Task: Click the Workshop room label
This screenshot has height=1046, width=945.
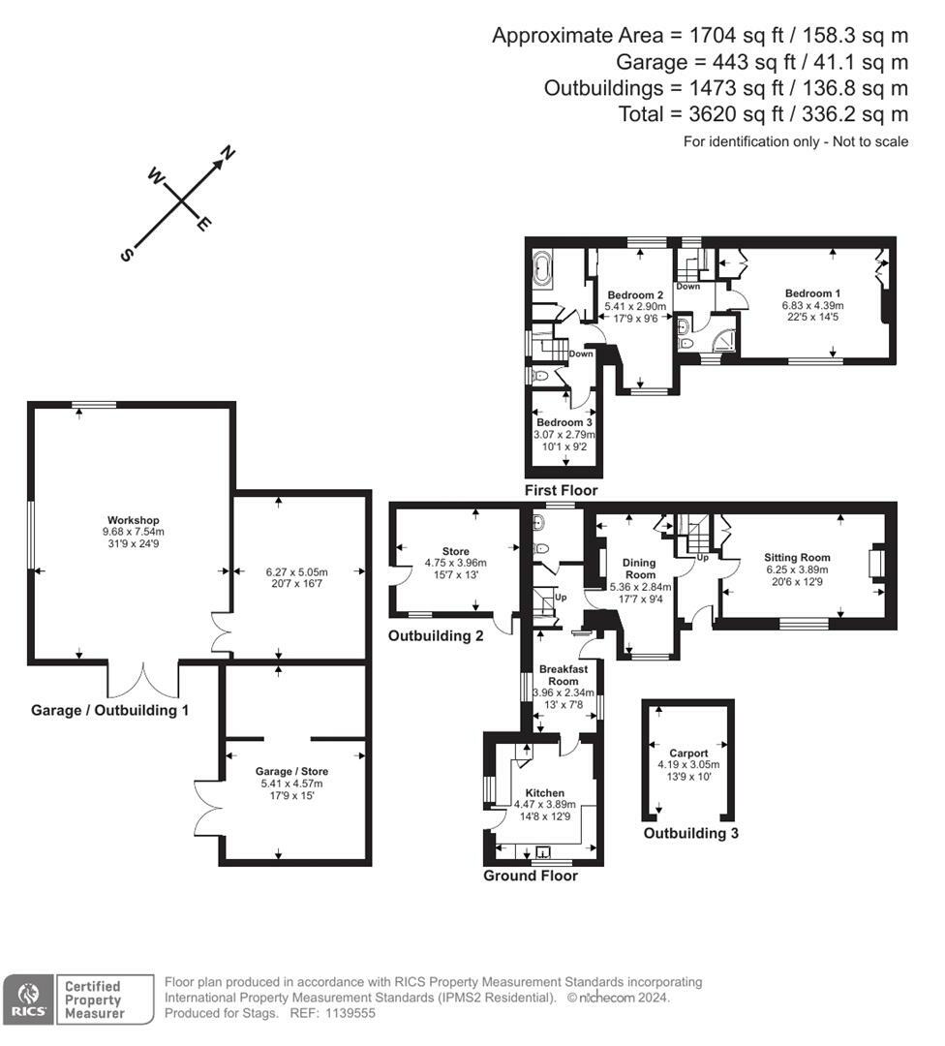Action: tap(134, 520)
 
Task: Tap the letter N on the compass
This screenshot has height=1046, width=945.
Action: tap(229, 153)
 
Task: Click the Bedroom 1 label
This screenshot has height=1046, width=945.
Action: tap(812, 293)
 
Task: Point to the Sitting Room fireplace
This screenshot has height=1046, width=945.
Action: tap(877, 561)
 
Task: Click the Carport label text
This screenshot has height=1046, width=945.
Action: tap(688, 754)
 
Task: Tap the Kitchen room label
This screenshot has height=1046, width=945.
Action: tap(545, 793)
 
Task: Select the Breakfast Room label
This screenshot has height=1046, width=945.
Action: tap(564, 675)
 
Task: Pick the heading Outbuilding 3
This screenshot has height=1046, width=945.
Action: tap(691, 833)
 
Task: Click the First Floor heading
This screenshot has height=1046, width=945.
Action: tap(561, 490)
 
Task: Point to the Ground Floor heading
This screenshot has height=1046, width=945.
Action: tap(531, 876)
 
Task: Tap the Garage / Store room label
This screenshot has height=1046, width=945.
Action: tap(291, 771)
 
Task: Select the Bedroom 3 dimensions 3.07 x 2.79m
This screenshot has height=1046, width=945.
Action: tap(564, 434)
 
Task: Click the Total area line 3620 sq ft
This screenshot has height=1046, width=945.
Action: tap(763, 114)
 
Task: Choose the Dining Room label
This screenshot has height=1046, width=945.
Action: tap(640, 569)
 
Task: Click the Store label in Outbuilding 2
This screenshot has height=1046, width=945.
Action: tap(455, 552)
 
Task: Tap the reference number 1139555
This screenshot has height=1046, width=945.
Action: tap(351, 1013)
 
